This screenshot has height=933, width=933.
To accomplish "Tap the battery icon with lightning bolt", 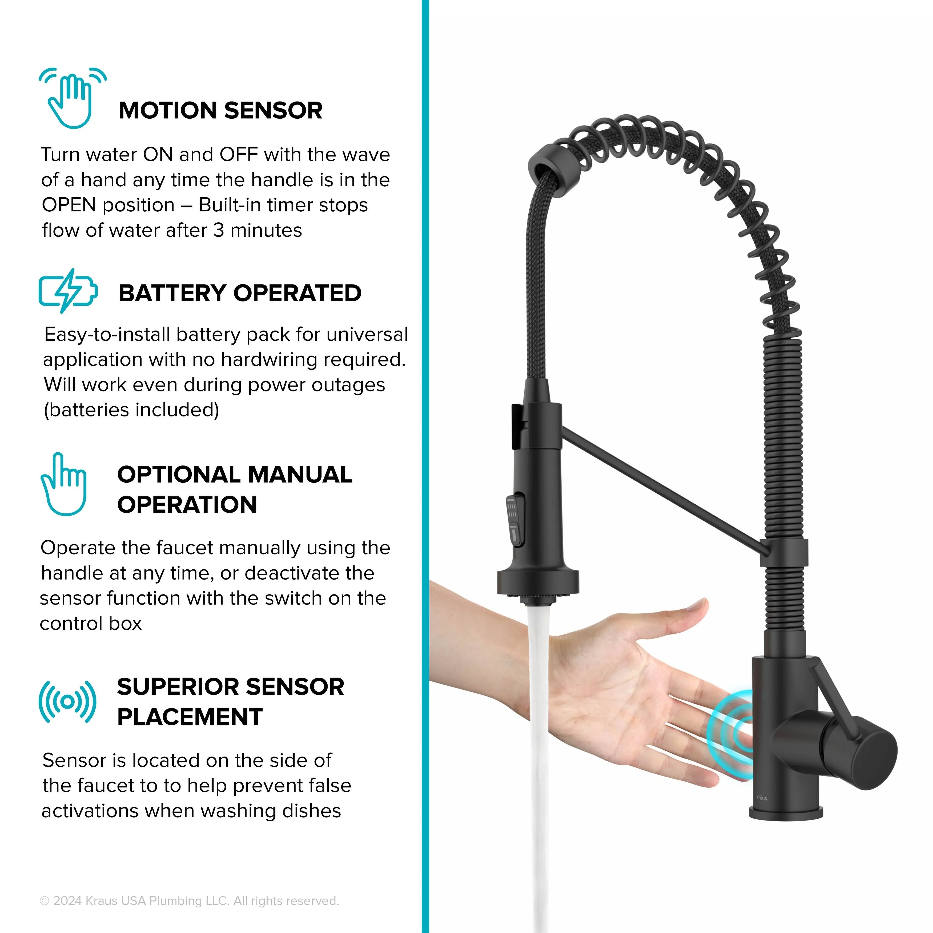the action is (68, 291).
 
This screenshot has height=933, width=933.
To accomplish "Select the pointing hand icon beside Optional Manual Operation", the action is (64, 484).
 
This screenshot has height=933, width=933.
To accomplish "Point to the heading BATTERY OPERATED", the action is (240, 293).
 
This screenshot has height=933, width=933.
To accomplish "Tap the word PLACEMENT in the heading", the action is (190, 717).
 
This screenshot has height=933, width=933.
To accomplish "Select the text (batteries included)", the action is (131, 410).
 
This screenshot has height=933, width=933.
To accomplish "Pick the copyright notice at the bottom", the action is (189, 901).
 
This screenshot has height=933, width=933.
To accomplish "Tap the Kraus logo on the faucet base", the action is (761, 798).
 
